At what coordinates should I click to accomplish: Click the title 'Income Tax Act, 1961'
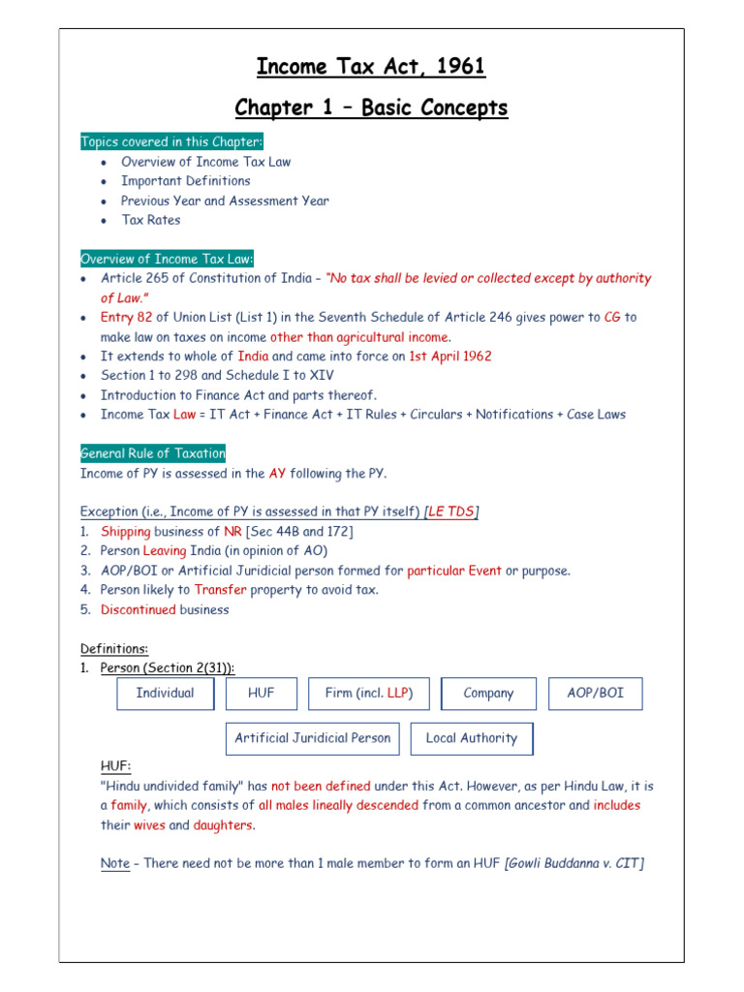pos(371,67)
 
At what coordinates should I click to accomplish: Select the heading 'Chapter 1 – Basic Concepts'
pos(371,108)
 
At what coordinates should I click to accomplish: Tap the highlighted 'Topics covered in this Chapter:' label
pos(165,142)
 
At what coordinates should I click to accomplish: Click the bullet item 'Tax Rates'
pos(150,220)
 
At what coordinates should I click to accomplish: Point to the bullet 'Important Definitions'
pos(185,181)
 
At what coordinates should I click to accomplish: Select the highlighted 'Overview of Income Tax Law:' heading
pos(168,259)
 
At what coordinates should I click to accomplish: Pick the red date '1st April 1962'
pos(450,356)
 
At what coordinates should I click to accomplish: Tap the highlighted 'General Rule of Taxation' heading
pos(153,452)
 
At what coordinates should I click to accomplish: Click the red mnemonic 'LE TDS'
pos(451,511)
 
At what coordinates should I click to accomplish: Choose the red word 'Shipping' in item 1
pos(126,532)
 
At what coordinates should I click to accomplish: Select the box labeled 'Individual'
pos(165,694)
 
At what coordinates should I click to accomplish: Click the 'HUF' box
pos(262,694)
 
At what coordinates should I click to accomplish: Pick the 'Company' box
pos(488,694)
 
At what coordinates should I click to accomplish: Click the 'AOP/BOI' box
pos(595,694)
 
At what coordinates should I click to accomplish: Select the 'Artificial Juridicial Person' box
pos(313,738)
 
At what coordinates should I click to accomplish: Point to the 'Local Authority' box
pos(472,738)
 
